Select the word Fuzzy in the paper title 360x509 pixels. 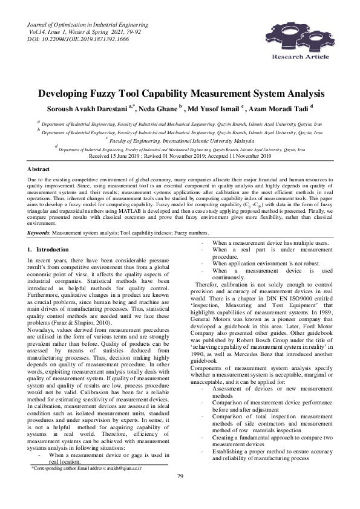(x=112, y=94)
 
